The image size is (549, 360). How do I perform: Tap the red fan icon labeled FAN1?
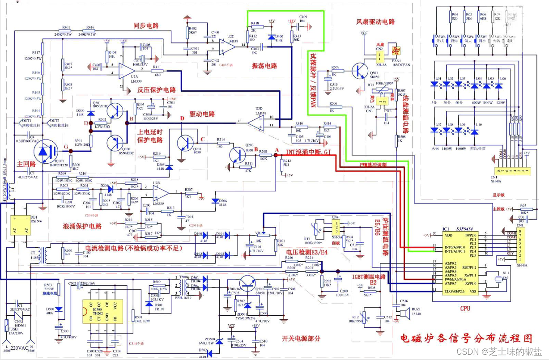click(x=396, y=51)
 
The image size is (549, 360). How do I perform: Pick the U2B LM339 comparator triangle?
click(x=161, y=192)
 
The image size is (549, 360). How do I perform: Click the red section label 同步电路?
click(x=146, y=25)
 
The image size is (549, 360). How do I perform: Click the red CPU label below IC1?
click(x=465, y=308)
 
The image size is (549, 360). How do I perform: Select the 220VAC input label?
click(x=20, y=347)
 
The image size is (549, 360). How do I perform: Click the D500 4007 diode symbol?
click(x=58, y=309)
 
